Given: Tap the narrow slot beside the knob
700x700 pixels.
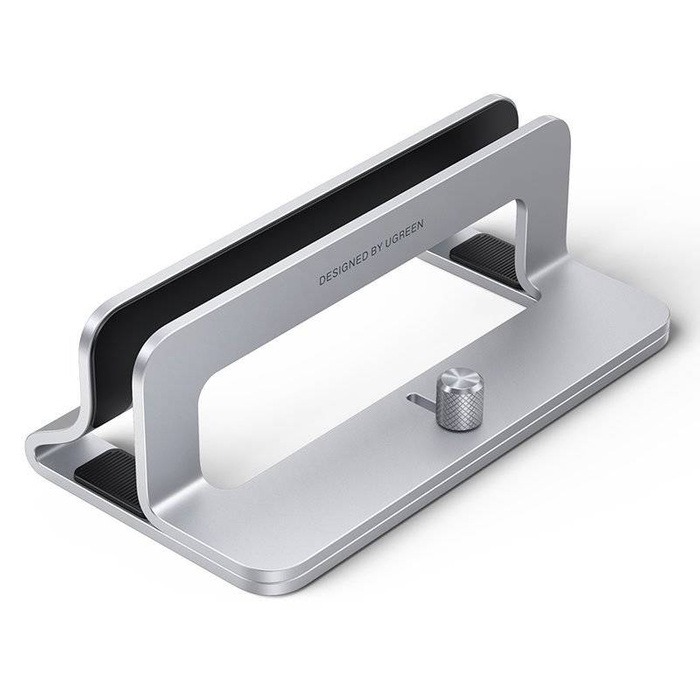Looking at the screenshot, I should [420, 400].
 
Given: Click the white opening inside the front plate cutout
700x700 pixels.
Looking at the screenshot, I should [350, 370].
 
